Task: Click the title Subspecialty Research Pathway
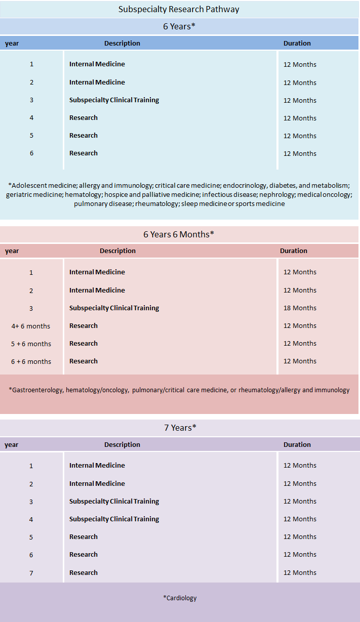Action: (x=179, y=9)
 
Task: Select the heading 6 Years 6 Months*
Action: (x=179, y=234)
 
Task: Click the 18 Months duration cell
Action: (x=300, y=308)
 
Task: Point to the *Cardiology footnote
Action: (x=180, y=598)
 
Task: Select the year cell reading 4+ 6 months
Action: (x=31, y=326)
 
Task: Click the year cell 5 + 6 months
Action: (x=31, y=344)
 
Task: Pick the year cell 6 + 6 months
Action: (x=31, y=361)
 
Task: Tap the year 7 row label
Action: (x=31, y=572)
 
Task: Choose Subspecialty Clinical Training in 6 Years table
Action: (x=114, y=100)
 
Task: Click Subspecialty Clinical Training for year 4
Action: (x=114, y=519)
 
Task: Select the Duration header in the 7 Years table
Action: (x=297, y=444)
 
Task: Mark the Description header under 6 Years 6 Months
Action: (x=117, y=251)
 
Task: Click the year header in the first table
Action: (x=12, y=44)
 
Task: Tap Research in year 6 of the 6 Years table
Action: (x=84, y=153)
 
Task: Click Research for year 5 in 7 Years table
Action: (x=84, y=536)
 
